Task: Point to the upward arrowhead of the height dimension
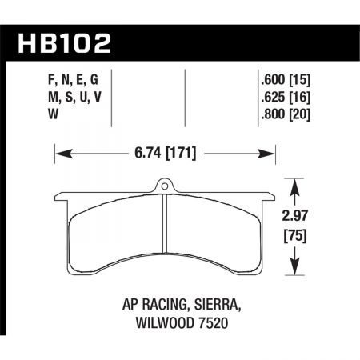pyautogui.click(x=297, y=186)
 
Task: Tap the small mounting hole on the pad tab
pyautogui.click(x=165, y=189)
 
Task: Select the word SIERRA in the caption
pyautogui.click(x=216, y=305)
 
